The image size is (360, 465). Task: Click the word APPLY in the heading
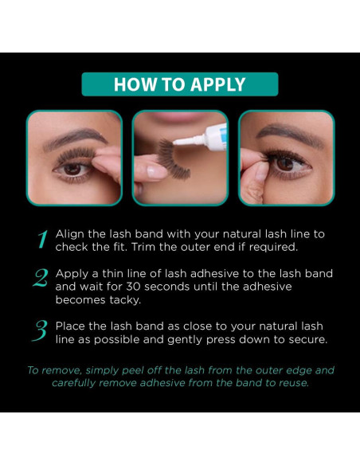point(217,85)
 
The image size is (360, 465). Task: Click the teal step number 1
point(42,240)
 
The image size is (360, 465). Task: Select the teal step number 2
point(41,278)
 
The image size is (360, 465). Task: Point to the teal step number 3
point(40,330)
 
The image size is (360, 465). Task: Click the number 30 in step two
point(134,287)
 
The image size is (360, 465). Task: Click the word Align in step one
point(69,234)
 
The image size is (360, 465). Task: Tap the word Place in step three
point(70,326)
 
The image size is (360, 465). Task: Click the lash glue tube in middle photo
point(202,137)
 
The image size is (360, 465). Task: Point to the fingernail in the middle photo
point(156,172)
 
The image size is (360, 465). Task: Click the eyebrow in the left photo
point(75,137)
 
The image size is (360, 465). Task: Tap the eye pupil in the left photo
point(72,170)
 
